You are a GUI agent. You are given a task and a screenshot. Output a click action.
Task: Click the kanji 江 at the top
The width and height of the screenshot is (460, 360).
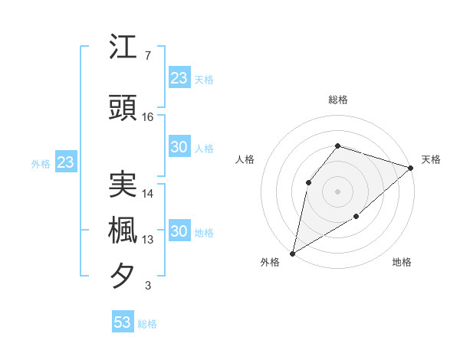pos(123,47)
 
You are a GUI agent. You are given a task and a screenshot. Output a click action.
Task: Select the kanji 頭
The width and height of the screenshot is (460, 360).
pos(123,106)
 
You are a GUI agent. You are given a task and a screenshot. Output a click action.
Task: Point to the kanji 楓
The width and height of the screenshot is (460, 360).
pos(123,230)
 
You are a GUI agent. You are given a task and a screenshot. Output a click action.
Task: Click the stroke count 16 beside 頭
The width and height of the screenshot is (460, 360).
pos(148,116)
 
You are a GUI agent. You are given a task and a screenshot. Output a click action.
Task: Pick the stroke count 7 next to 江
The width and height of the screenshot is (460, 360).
pos(147,56)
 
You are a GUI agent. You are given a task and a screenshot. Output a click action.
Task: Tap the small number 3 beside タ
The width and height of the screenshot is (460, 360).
pos(147,286)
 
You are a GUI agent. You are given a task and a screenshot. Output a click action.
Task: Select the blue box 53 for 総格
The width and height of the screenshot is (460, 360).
pos(123,322)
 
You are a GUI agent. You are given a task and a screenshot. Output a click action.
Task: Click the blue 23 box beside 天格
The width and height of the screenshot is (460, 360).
pos(179,77)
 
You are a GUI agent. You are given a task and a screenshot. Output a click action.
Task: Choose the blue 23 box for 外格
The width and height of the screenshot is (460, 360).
pos(65,162)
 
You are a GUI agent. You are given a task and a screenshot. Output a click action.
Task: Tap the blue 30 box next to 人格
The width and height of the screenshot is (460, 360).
pos(179,148)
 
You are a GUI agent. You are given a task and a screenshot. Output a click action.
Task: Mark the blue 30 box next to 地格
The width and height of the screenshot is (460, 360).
pos(179,231)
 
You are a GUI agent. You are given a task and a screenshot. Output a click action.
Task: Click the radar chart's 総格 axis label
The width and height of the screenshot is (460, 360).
pos(337,100)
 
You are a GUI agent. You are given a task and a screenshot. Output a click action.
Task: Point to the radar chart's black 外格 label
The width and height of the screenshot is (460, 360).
pos(270,262)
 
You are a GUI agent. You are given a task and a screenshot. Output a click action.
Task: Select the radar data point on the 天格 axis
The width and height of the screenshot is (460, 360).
pos(411,168)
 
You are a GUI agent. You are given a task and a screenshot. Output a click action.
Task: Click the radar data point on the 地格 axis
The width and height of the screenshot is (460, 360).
pos(356,218)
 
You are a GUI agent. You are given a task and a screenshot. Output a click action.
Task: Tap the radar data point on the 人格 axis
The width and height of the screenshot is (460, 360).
pos(308,182)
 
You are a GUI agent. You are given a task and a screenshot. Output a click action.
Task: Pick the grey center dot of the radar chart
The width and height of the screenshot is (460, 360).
pos(337,191)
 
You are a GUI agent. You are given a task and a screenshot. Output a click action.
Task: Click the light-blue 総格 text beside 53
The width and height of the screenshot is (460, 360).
pos(147,324)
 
